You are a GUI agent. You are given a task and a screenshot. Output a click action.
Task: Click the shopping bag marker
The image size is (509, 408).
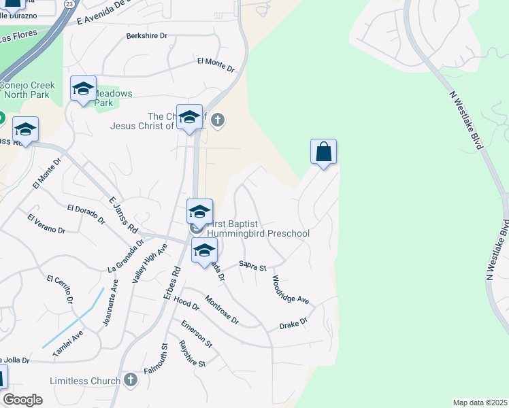[324, 152]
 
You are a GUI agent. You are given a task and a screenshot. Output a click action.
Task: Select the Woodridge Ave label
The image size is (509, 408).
[291, 290]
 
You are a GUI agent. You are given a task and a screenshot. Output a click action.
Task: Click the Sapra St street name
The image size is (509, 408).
[252, 266]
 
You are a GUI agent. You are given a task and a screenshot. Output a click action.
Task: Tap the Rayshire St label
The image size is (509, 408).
[192, 354]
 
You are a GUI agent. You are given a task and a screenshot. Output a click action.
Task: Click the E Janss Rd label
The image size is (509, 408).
[123, 215]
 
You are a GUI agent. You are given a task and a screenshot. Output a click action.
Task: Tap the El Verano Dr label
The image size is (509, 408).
[46, 224]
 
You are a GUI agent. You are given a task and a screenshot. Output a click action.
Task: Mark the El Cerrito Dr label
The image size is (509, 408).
[59, 288]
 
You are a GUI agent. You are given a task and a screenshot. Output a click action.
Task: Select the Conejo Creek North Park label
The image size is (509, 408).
[24, 90]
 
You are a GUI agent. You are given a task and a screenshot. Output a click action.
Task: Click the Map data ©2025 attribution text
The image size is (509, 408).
[479, 403]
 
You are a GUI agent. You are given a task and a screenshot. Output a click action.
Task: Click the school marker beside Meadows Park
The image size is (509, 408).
[83, 89]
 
